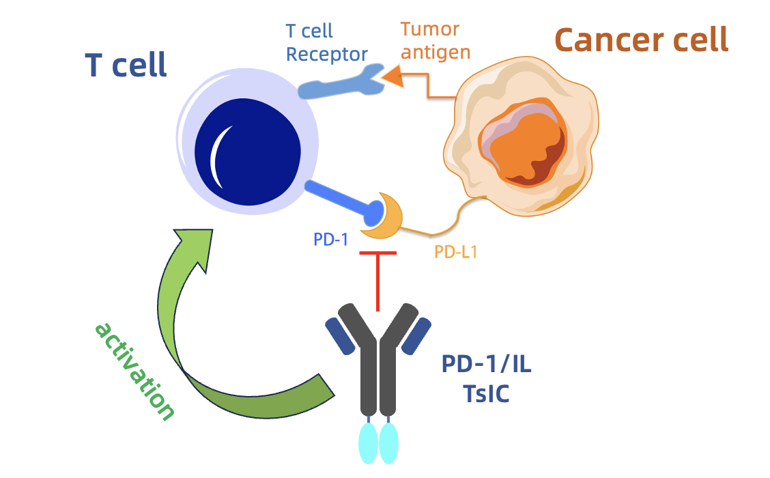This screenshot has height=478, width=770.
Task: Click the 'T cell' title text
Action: point(126,66)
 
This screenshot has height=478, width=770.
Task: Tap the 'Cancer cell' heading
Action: point(642,40)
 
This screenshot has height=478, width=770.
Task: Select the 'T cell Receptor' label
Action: point(327,42)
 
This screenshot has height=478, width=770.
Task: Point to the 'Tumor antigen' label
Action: point(436,40)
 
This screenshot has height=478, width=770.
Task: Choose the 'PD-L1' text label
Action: point(456,251)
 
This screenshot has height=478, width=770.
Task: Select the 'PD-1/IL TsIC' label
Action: point(486,380)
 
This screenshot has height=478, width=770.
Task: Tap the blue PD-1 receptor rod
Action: point(341,199)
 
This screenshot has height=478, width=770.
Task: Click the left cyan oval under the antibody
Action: point(369,442)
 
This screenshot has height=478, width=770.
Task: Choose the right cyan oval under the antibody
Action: point(388,442)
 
